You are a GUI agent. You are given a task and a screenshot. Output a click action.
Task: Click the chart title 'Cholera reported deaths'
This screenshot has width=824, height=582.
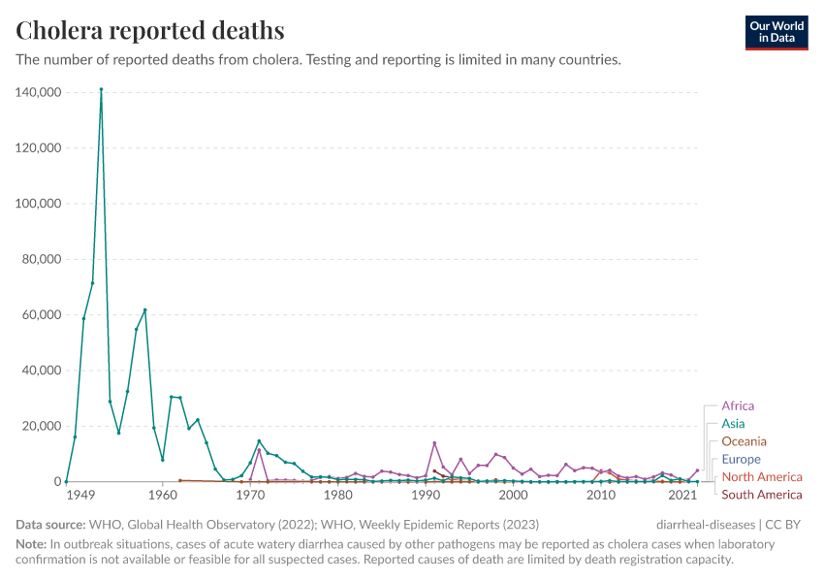(x=150, y=30)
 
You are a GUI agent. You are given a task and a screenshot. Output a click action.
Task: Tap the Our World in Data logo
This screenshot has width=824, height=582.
(x=776, y=32)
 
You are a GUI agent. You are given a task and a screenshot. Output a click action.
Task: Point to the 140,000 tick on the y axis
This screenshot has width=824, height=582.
(x=40, y=92)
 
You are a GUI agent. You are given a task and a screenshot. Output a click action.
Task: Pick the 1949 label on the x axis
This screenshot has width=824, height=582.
(x=80, y=496)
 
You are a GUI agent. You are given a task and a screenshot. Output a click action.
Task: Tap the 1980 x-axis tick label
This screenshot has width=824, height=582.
(x=338, y=496)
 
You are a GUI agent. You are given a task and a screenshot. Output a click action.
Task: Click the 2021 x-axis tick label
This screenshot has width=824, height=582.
(x=683, y=496)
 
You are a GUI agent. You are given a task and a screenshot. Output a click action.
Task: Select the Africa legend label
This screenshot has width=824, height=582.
(x=738, y=406)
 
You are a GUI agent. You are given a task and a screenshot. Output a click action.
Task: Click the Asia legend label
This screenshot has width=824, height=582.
(x=733, y=424)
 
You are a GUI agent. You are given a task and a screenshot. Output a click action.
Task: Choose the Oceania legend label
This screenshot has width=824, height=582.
(x=744, y=441)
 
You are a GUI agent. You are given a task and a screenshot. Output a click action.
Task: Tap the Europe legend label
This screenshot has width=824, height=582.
(x=741, y=459)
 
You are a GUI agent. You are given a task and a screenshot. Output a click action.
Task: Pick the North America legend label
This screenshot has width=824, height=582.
(x=762, y=476)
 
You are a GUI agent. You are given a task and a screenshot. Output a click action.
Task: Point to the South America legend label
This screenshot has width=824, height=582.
(x=762, y=495)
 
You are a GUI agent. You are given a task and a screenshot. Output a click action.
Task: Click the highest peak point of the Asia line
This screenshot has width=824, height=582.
(x=101, y=89)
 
